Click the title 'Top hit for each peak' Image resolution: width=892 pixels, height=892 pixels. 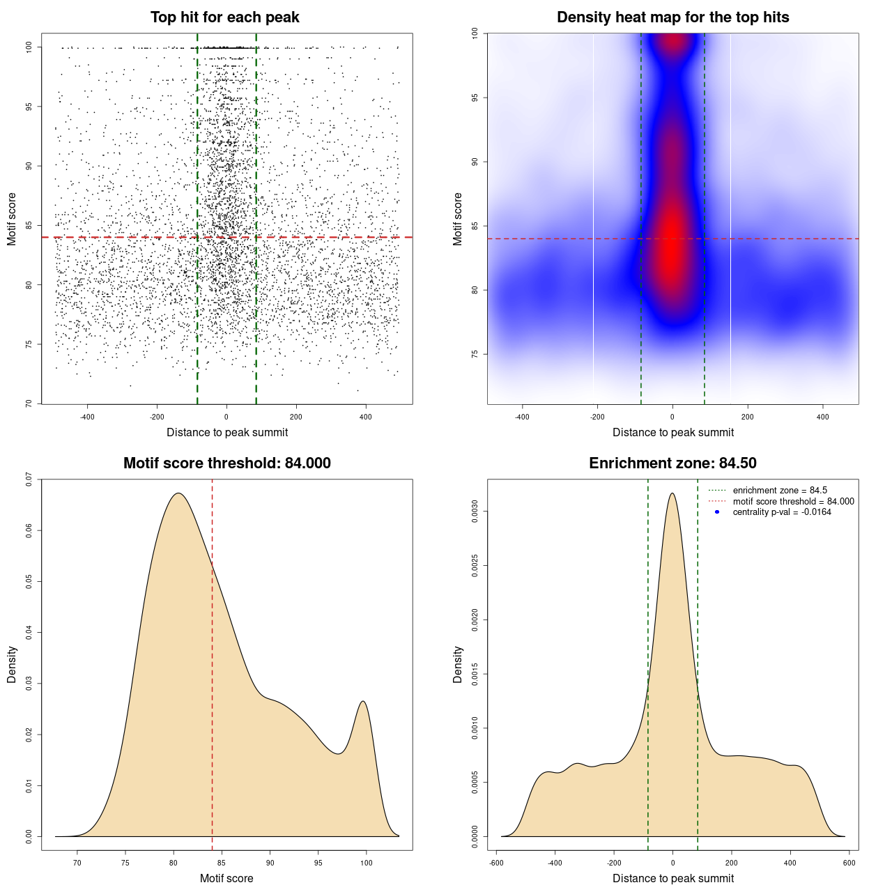pyautogui.click(x=224, y=17)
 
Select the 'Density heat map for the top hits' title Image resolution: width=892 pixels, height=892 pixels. pyautogui.click(x=672, y=17)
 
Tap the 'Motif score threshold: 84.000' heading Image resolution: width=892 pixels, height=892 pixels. pyautogui.click(x=226, y=463)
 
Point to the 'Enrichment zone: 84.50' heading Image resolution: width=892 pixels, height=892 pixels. pyautogui.click(x=672, y=463)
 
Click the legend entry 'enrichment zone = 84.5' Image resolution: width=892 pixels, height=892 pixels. pyautogui.click(x=780, y=491)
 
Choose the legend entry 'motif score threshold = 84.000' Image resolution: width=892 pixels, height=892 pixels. pyautogui.click(x=793, y=502)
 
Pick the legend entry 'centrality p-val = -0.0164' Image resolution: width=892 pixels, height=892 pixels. pyautogui.click(x=782, y=512)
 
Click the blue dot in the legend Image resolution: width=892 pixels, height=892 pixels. pyautogui.click(x=717, y=512)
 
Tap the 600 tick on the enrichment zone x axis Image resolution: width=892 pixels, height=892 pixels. pyautogui.click(x=849, y=863)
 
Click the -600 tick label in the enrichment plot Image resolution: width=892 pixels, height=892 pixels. pyautogui.click(x=496, y=863)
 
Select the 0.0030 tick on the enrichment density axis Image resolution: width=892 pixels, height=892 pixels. pyautogui.click(x=475, y=512)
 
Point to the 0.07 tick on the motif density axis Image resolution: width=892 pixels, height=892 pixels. pyautogui.click(x=29, y=479)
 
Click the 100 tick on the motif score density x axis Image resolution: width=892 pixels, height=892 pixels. pyautogui.click(x=367, y=863)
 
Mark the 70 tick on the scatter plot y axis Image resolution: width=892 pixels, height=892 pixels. pyautogui.click(x=29, y=403)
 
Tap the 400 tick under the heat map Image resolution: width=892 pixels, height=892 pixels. pyautogui.click(x=823, y=417)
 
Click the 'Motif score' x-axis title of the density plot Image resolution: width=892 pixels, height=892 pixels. pyautogui.click(x=226, y=878)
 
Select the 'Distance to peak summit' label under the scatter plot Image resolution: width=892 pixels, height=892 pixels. pyautogui.click(x=227, y=432)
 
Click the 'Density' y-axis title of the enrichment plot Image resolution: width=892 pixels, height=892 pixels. pyautogui.click(x=458, y=664)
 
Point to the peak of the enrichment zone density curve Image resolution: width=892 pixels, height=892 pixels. pyautogui.click(x=672, y=493)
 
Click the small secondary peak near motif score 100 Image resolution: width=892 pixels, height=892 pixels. pyautogui.click(x=363, y=702)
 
